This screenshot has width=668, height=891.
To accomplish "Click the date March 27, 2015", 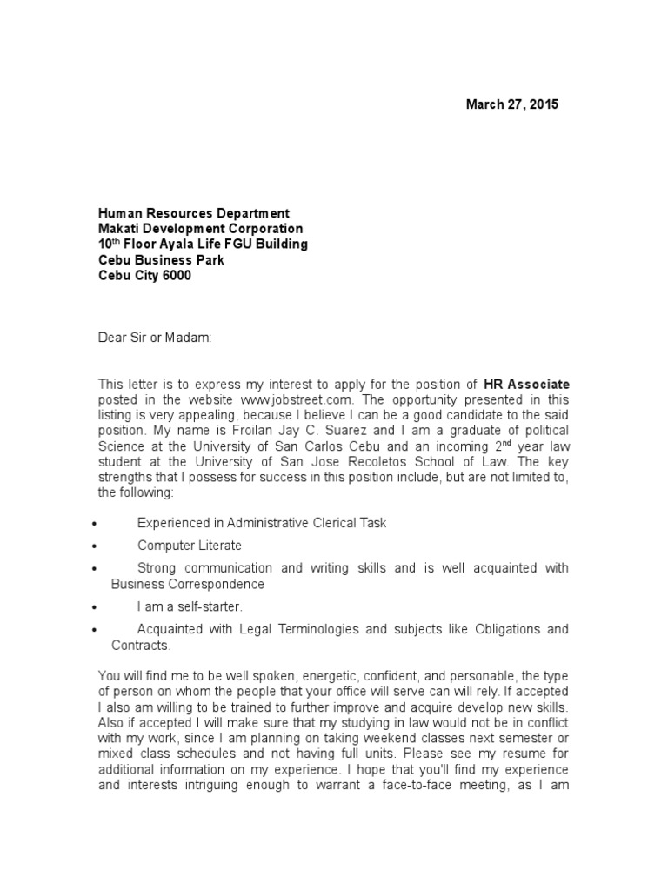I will click(512, 104).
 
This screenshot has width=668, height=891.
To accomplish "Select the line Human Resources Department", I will click(193, 213).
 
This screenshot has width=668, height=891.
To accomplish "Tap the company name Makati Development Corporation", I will click(200, 229).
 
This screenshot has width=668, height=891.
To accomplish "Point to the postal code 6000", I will click(176, 276).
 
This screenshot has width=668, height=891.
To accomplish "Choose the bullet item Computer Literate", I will click(189, 546).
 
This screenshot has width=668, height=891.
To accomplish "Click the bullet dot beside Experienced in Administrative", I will click(93, 524).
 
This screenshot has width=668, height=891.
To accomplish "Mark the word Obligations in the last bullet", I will click(508, 628).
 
